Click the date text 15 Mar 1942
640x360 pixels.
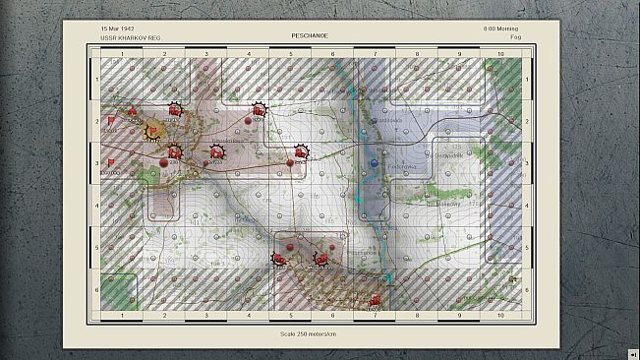119,29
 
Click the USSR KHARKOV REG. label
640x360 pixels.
130,37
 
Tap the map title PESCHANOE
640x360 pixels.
308,35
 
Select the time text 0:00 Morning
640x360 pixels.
502,29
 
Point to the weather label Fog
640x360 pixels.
515,37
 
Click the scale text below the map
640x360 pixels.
307,332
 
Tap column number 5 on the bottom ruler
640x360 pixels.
290,316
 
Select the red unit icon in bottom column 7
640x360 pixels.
374,299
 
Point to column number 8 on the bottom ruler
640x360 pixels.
417,316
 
